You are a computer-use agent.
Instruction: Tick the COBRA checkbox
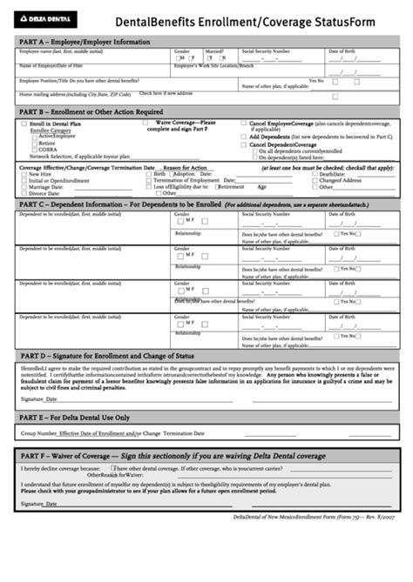pos(34,151)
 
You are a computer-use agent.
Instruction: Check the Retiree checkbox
pos(34,144)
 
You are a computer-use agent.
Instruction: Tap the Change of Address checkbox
pos(315,180)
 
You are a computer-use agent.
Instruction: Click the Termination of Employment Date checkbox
pos(149,180)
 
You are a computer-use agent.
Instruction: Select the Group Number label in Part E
pos(39,432)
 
